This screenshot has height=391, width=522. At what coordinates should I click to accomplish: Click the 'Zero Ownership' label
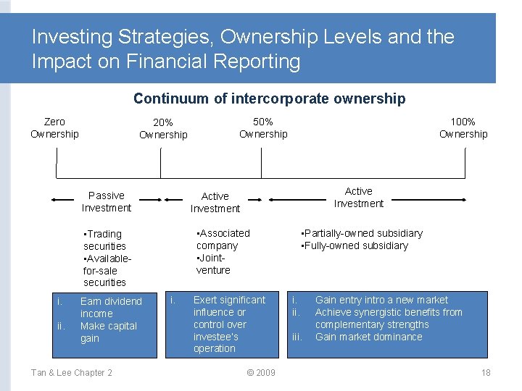pos(54,127)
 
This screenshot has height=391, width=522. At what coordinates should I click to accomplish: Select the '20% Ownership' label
pos(163,129)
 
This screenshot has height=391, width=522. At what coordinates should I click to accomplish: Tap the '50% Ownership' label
pos(263,127)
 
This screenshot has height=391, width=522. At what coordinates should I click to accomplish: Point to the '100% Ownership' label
pos(463,127)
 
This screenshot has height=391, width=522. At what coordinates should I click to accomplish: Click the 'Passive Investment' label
pos(107,201)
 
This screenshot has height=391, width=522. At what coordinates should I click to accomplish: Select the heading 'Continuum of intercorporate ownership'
pos(269,98)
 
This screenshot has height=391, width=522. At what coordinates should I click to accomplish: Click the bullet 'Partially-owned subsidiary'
pos(362,233)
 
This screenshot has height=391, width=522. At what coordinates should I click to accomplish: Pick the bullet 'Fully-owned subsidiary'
pos(355,245)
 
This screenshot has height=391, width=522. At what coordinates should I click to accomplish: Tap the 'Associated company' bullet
pos(223,239)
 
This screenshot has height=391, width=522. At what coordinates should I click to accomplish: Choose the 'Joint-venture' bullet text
pos(213,264)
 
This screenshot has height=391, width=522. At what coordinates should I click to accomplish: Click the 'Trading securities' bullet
pos(104,240)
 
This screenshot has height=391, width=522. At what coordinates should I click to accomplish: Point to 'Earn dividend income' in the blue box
pos(110,307)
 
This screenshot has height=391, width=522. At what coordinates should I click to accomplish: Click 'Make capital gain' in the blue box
pos(108,332)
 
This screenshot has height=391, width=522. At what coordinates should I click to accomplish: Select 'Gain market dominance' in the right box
pos(368,337)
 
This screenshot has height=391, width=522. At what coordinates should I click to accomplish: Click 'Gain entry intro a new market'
pos(381,300)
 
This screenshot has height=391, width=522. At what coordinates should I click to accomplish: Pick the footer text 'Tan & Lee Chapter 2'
pos(71,372)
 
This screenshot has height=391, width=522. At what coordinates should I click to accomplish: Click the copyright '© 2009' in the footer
pos(261,372)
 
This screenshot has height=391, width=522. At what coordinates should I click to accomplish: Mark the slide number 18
pos(486,372)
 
